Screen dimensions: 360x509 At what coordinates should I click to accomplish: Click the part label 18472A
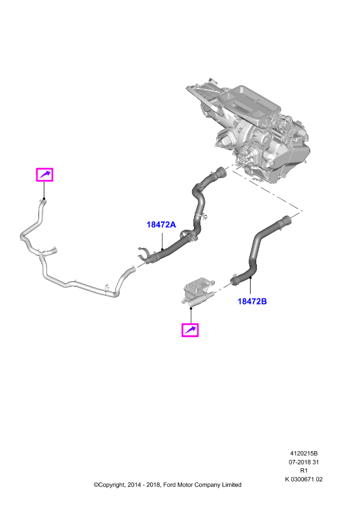(161, 225)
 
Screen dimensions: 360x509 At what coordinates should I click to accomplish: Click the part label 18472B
(252, 301)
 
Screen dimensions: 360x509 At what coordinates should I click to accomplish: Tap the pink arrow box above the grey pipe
(45, 174)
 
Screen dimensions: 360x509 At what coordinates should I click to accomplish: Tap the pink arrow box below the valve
(190, 330)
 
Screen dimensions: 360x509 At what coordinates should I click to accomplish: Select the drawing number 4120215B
(303, 454)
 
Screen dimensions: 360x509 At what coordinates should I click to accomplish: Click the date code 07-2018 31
(303, 462)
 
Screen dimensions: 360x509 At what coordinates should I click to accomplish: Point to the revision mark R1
(303, 470)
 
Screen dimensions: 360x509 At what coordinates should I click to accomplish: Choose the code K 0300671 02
(303, 479)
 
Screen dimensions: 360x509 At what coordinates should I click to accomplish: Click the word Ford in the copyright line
(169, 485)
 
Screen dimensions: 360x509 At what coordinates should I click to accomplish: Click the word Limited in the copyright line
(232, 485)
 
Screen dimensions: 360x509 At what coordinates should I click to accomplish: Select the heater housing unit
(249, 130)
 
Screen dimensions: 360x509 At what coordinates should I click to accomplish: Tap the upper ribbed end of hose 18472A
(221, 171)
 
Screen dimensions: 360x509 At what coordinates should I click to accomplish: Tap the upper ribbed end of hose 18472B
(286, 220)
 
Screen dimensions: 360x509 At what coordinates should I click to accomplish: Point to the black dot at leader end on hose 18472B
(250, 278)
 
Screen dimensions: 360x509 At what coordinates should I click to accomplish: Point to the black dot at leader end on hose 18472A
(162, 249)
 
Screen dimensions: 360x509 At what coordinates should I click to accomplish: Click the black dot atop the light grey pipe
(44, 199)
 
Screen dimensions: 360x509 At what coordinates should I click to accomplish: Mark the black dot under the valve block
(191, 308)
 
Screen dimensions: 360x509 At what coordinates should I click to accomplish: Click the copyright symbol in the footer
(96, 485)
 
